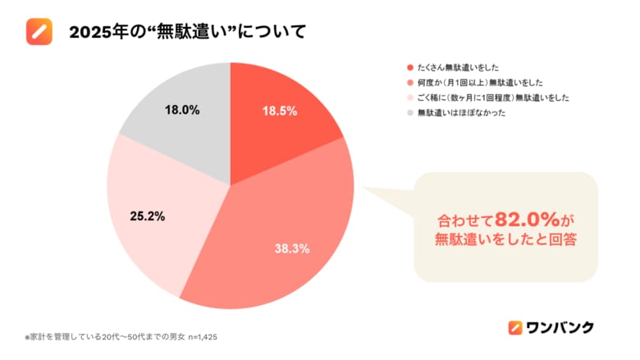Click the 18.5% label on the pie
pyautogui.click(x=278, y=112)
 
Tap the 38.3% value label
pyautogui.click(x=292, y=248)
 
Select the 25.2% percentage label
pyautogui.click(x=148, y=217)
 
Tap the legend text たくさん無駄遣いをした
pyautogui.click(x=458, y=66)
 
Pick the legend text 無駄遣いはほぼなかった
pyautogui.click(x=458, y=112)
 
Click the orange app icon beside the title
pyautogui.click(x=39, y=32)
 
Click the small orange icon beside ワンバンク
pyautogui.click(x=515, y=327)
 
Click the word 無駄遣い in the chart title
pyautogui.click(x=187, y=33)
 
